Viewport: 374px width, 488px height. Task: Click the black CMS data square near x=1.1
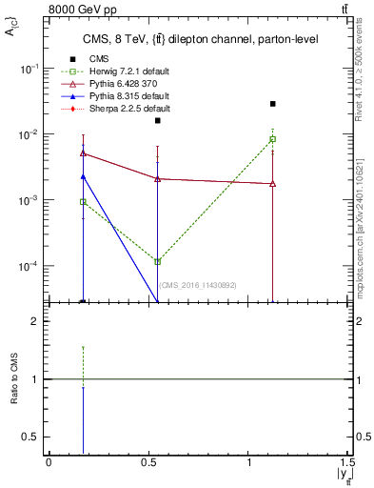click(x=273, y=104)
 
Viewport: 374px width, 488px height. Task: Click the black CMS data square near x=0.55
click(x=158, y=121)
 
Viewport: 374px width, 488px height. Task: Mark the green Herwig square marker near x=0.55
click(x=158, y=261)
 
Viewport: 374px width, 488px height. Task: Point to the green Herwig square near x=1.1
click(x=273, y=139)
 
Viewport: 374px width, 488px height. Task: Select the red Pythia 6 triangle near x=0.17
click(x=84, y=152)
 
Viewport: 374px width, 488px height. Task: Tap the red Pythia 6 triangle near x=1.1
click(x=273, y=183)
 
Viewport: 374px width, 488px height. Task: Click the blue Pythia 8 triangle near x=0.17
click(x=84, y=176)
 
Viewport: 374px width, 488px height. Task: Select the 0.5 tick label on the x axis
click(x=149, y=461)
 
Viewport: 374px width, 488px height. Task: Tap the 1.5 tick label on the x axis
click(x=346, y=461)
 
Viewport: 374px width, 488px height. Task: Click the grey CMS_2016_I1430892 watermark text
click(x=197, y=285)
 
